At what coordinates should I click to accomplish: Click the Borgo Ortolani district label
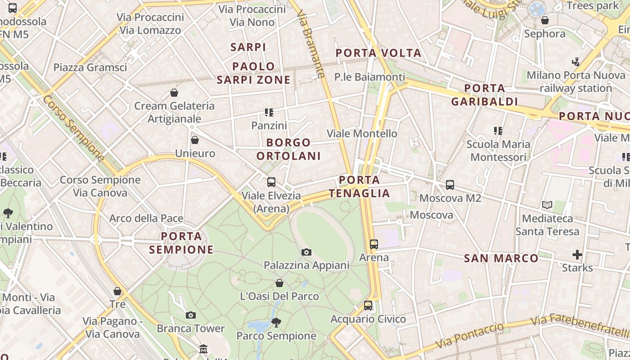[288, 149]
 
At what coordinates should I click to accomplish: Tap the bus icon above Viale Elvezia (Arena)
[271, 182]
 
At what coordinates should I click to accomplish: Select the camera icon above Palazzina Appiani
[306, 252]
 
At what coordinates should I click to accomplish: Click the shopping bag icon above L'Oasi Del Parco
[279, 283]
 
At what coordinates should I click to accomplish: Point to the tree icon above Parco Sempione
[276, 322]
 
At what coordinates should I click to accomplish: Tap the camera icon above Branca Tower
[191, 315]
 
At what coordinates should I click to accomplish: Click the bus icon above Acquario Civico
[368, 306]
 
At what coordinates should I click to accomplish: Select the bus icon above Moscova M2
[450, 184]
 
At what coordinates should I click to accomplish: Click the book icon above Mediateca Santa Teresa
[547, 205]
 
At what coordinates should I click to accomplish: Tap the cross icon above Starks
[577, 255]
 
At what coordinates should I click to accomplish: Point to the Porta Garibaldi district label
[485, 94]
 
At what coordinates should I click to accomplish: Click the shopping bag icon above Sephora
[545, 20]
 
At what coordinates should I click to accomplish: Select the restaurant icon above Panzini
[269, 112]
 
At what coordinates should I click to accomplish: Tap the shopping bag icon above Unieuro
[195, 140]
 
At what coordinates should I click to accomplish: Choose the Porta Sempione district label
[181, 243]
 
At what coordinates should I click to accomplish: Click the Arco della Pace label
[146, 218]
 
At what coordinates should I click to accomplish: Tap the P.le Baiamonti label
[369, 77]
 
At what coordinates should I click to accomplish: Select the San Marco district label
[501, 258]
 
